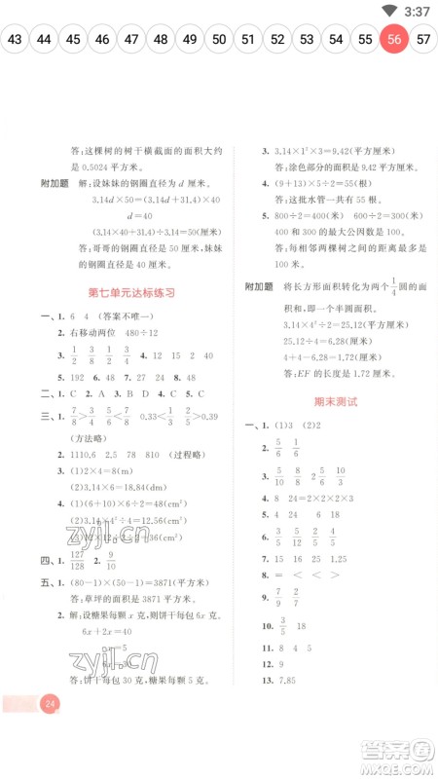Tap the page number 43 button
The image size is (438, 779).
(15, 40)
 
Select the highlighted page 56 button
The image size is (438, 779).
(394, 40)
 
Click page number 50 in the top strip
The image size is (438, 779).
(219, 40)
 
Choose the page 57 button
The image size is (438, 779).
(423, 40)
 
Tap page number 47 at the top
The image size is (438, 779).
(131, 40)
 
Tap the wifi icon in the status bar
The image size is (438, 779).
(389, 11)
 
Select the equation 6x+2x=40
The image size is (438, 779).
(103, 630)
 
